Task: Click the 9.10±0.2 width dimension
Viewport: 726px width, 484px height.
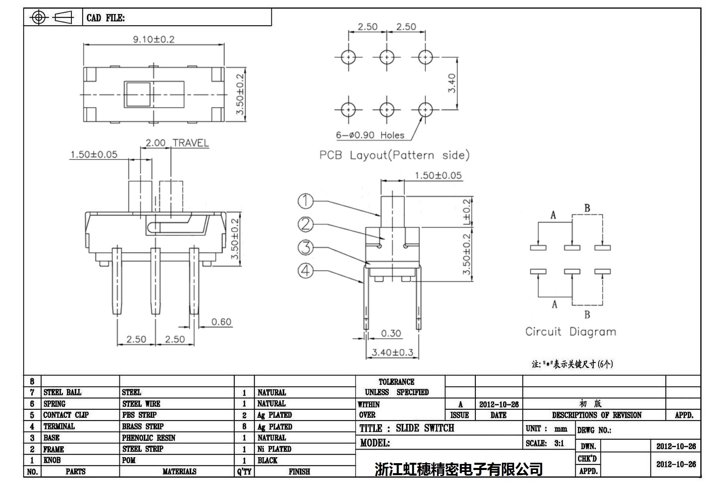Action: [154, 39]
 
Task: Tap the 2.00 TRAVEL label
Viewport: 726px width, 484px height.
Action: [177, 143]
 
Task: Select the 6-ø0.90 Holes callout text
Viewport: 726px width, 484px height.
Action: [370, 135]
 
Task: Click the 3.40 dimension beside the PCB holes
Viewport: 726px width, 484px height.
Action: [452, 83]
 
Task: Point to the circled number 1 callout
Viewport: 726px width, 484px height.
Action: [305, 201]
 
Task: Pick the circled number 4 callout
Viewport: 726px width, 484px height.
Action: [305, 271]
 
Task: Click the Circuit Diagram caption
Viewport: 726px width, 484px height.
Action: [570, 332]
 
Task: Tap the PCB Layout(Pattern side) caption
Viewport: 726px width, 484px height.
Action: [394, 155]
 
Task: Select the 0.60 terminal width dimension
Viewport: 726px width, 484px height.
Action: [221, 322]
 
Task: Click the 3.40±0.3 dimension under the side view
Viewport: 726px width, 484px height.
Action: [392, 352]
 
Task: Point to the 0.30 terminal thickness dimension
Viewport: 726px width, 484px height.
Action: [390, 333]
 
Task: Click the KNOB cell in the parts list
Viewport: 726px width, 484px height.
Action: [52, 460]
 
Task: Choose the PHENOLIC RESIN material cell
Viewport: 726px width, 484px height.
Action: [148, 437]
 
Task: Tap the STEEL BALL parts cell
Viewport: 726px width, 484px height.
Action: [62, 392]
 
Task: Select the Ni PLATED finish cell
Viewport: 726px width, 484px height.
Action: [274, 449]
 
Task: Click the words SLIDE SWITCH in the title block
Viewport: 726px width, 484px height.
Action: [425, 428]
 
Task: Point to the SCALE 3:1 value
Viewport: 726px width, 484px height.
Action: [559, 443]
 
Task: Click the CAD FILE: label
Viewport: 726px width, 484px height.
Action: [105, 18]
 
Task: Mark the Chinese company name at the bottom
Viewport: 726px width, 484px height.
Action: [458, 469]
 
